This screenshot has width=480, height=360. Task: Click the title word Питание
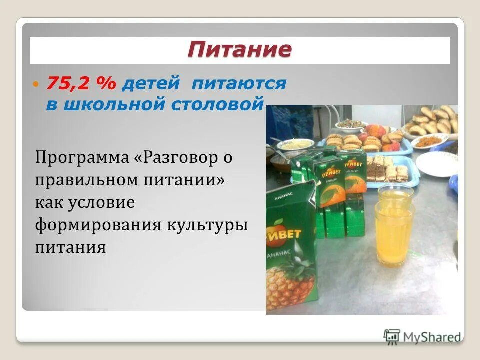(x=239, y=50)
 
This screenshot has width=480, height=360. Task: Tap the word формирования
(x=98, y=225)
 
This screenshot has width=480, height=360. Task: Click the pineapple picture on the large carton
(x=290, y=285)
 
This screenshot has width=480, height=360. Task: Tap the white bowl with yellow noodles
(x=295, y=144)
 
